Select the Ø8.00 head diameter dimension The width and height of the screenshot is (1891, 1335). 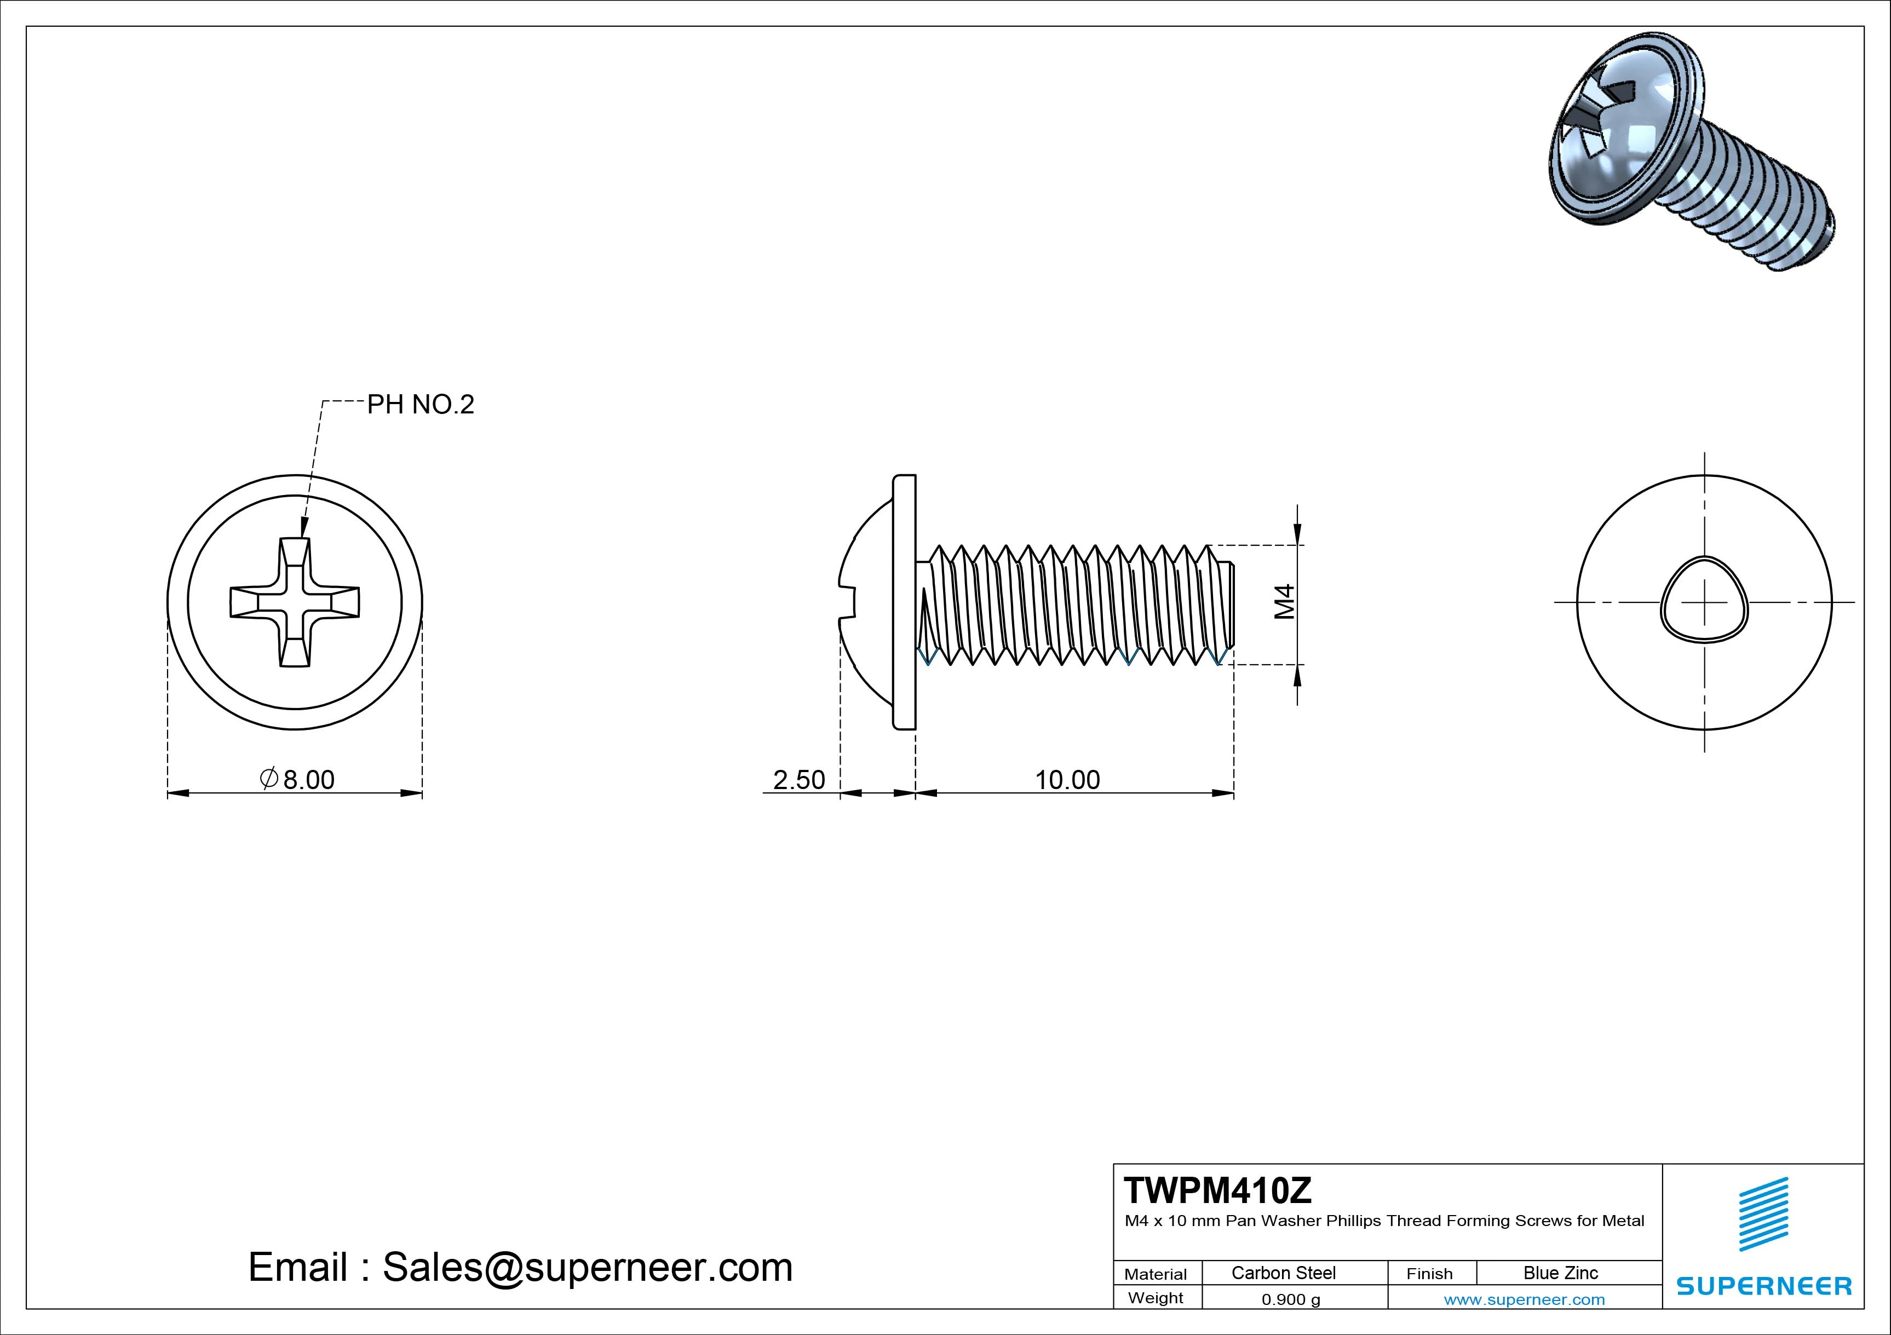point(298,779)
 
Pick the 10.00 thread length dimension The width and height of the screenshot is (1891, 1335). point(1067,779)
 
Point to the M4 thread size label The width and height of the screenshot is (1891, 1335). point(1285,601)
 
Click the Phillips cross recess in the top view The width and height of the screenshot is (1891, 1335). point(295,602)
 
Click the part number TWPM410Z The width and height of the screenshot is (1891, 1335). point(1217,1190)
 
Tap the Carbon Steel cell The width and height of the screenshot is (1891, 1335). point(1283,1273)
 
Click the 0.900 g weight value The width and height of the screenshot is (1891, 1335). point(1291,1299)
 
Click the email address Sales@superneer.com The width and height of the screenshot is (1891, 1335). point(587,1267)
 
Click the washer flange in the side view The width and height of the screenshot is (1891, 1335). point(904,602)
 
